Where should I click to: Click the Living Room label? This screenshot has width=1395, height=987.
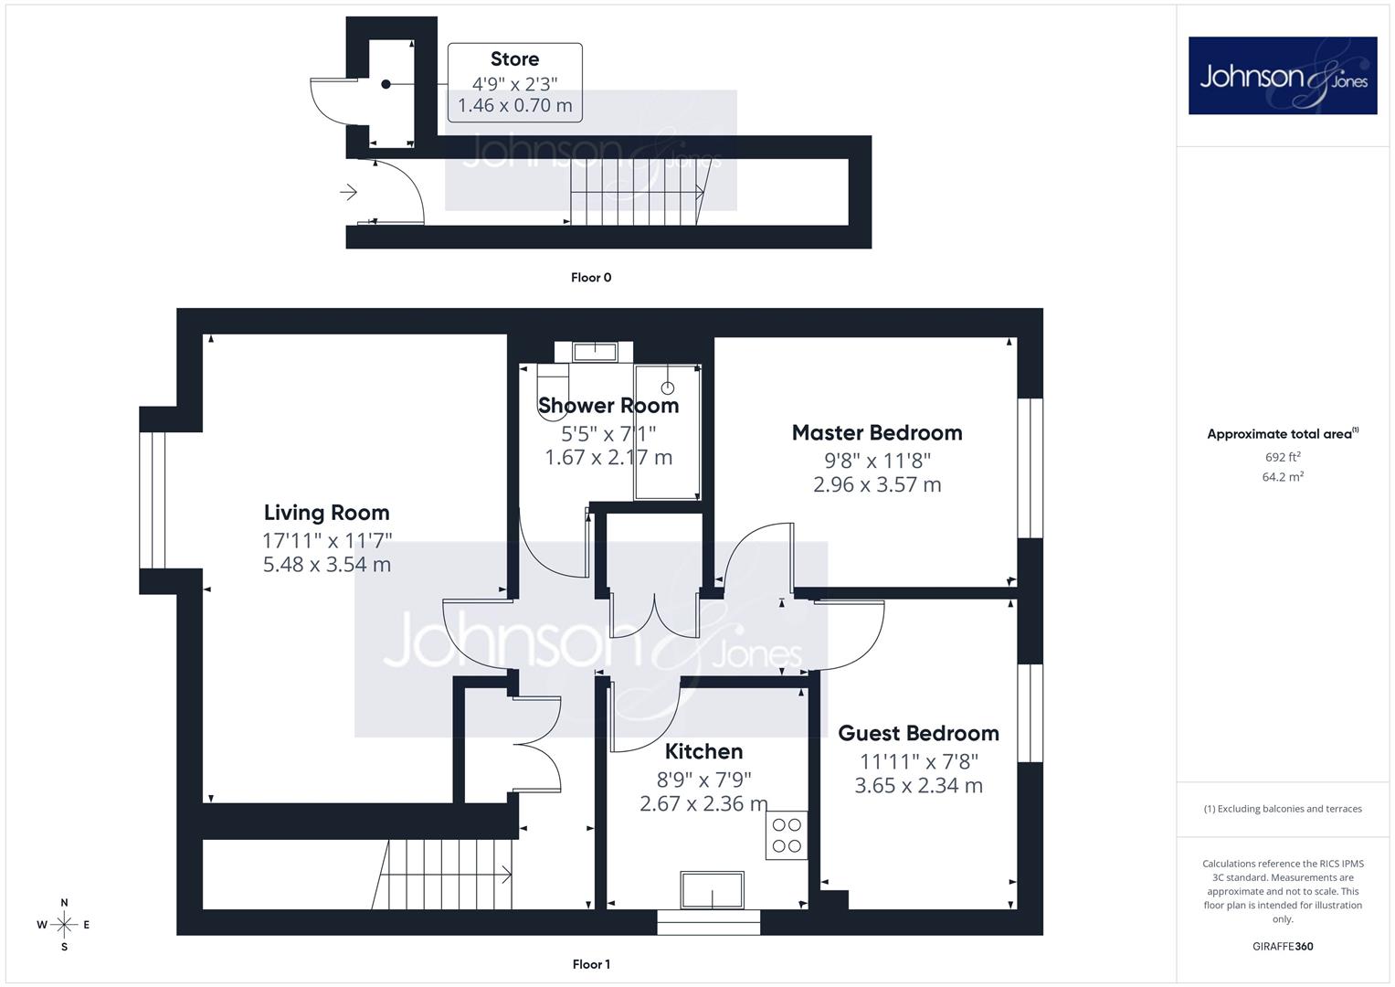click(x=326, y=512)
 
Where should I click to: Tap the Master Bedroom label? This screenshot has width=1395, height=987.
click(x=877, y=432)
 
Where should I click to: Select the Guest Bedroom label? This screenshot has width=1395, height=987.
click(x=919, y=733)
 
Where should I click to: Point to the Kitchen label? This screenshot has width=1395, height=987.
click(x=703, y=751)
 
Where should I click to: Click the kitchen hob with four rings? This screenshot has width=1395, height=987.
click(x=787, y=835)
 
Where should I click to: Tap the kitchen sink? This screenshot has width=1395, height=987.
click(x=712, y=890)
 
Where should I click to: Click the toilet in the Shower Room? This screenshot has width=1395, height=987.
click(x=553, y=381)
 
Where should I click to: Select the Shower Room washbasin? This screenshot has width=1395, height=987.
click(x=595, y=352)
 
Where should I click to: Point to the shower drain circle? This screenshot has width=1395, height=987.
click(x=668, y=388)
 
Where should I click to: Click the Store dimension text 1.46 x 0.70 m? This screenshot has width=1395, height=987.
click(x=515, y=105)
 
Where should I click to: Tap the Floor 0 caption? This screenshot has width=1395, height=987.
click(x=591, y=277)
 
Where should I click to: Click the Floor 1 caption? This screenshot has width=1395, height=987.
click(x=591, y=964)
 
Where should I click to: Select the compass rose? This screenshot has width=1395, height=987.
click(x=64, y=924)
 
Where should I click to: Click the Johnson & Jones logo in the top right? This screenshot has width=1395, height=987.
click(x=1283, y=75)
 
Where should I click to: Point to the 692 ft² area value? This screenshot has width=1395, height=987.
click(x=1283, y=457)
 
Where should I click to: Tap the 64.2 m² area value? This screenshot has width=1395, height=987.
click(x=1283, y=477)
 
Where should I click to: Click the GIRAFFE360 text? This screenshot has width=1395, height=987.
click(x=1283, y=946)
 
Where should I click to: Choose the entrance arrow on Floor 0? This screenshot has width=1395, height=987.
click(x=348, y=192)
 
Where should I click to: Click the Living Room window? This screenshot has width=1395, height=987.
click(x=152, y=501)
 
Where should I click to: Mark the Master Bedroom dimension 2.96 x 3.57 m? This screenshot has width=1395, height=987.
click(x=877, y=484)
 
